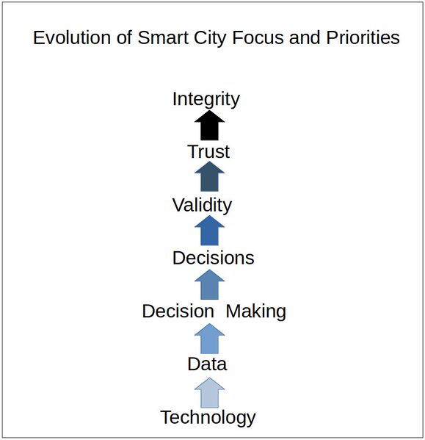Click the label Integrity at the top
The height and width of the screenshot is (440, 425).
point(206,99)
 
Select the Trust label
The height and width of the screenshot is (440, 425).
point(208,152)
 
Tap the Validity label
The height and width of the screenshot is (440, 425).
point(202,205)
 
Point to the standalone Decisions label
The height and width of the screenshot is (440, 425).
point(213,258)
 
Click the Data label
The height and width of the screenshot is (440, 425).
point(207,364)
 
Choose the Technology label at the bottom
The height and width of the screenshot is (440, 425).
point(208,417)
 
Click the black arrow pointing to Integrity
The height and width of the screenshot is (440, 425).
point(210,126)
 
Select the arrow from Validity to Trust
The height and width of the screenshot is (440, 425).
point(210,178)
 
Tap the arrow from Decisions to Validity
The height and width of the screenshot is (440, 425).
point(210,231)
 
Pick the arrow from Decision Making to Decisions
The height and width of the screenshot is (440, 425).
point(210,284)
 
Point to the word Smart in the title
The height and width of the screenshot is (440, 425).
point(160,37)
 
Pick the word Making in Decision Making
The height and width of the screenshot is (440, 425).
point(255,311)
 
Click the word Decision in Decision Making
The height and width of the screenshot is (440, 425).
point(178,311)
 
